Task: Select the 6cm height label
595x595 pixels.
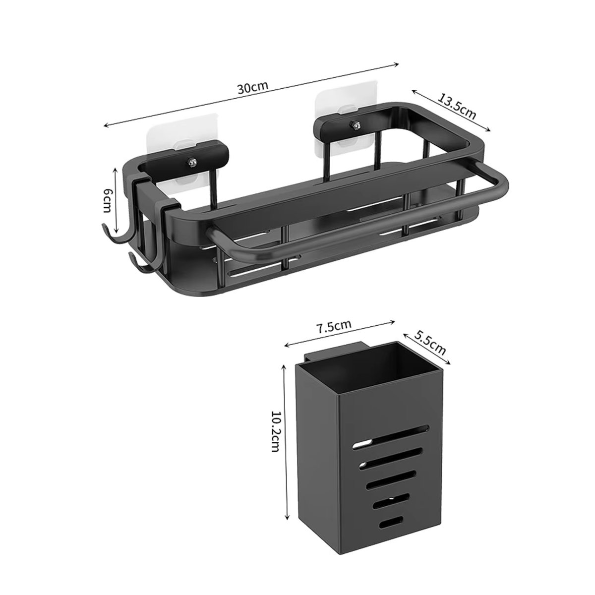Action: pyautogui.click(x=106, y=200)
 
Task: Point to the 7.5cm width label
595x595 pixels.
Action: pyautogui.click(x=334, y=326)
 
